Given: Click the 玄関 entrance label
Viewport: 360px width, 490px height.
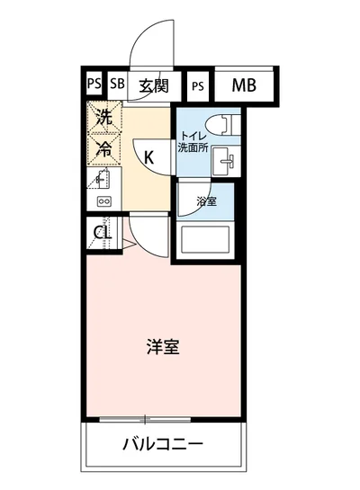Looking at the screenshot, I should [154, 86].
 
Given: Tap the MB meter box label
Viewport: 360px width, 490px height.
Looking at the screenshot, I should [244, 86].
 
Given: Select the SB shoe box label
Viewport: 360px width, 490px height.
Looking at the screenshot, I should [117, 86].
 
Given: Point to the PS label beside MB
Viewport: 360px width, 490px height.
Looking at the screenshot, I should [198, 86].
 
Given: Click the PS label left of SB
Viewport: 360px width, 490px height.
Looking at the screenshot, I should [94, 86].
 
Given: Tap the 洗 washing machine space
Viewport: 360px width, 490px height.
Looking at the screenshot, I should [104, 117].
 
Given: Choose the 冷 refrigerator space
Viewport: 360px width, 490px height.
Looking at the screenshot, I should [104, 149].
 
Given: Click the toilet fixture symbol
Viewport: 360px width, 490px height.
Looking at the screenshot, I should [219, 125].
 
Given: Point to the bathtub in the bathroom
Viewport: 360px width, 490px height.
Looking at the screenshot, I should [206, 240].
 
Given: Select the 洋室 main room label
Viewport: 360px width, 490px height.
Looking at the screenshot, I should [163, 346].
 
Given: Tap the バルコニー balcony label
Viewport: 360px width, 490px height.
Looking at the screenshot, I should [163, 443].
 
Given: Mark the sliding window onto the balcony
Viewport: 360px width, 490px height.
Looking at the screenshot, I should [144, 419].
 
